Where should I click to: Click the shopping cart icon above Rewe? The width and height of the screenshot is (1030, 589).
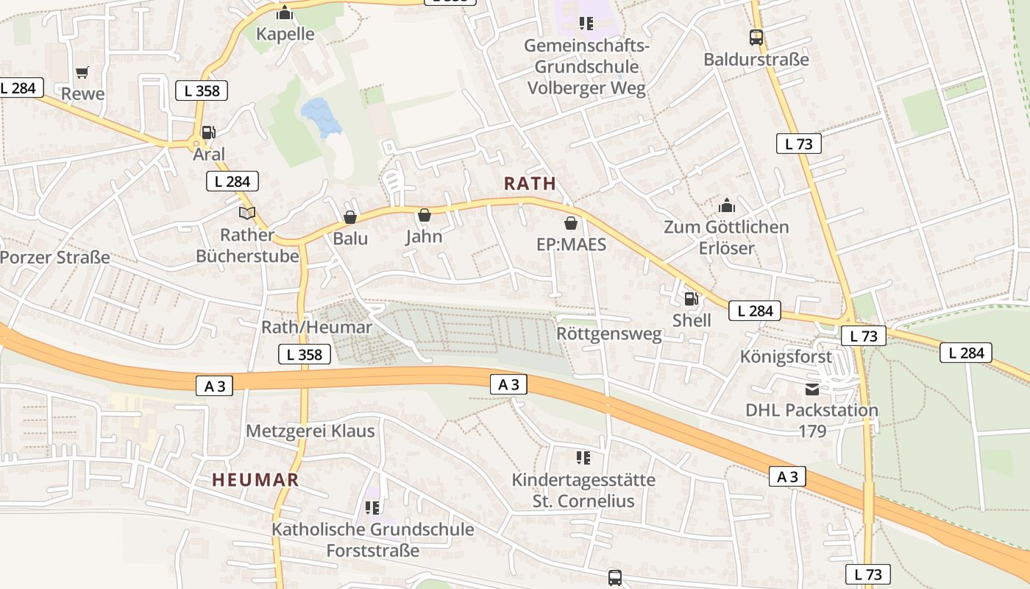tap(82, 72)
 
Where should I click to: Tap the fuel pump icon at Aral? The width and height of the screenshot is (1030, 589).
tap(208, 133)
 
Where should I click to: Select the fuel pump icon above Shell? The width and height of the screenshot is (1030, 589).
tap(691, 298)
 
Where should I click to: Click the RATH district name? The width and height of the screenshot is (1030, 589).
tap(530, 184)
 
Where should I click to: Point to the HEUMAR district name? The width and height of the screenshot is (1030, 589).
tap(255, 480)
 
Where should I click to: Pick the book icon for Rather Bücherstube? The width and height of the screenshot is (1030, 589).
tap(247, 214)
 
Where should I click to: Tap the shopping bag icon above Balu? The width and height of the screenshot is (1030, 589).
tap(350, 217)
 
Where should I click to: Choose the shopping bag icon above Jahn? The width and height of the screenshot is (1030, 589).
tap(424, 215)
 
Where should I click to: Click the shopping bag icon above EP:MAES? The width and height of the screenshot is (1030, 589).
tap(571, 222)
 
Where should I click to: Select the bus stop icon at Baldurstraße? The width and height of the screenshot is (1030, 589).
tap(756, 38)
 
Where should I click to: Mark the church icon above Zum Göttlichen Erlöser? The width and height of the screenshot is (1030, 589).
tap(726, 205)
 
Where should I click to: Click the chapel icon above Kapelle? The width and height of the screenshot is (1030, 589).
tap(285, 13)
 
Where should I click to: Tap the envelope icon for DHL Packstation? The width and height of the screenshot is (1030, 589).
tap(811, 389)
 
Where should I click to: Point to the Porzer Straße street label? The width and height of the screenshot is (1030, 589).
tap(55, 258)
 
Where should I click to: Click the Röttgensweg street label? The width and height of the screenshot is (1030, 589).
tap(609, 334)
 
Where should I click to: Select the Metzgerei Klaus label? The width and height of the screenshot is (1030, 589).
tap(310, 431)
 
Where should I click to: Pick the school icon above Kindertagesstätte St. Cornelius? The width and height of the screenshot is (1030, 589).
tap(583, 458)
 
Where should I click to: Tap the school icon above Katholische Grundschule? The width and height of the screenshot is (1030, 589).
tap(372, 507)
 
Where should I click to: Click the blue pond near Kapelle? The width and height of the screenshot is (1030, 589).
tap(321, 116)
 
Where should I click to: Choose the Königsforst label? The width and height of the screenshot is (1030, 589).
tap(786, 357)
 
